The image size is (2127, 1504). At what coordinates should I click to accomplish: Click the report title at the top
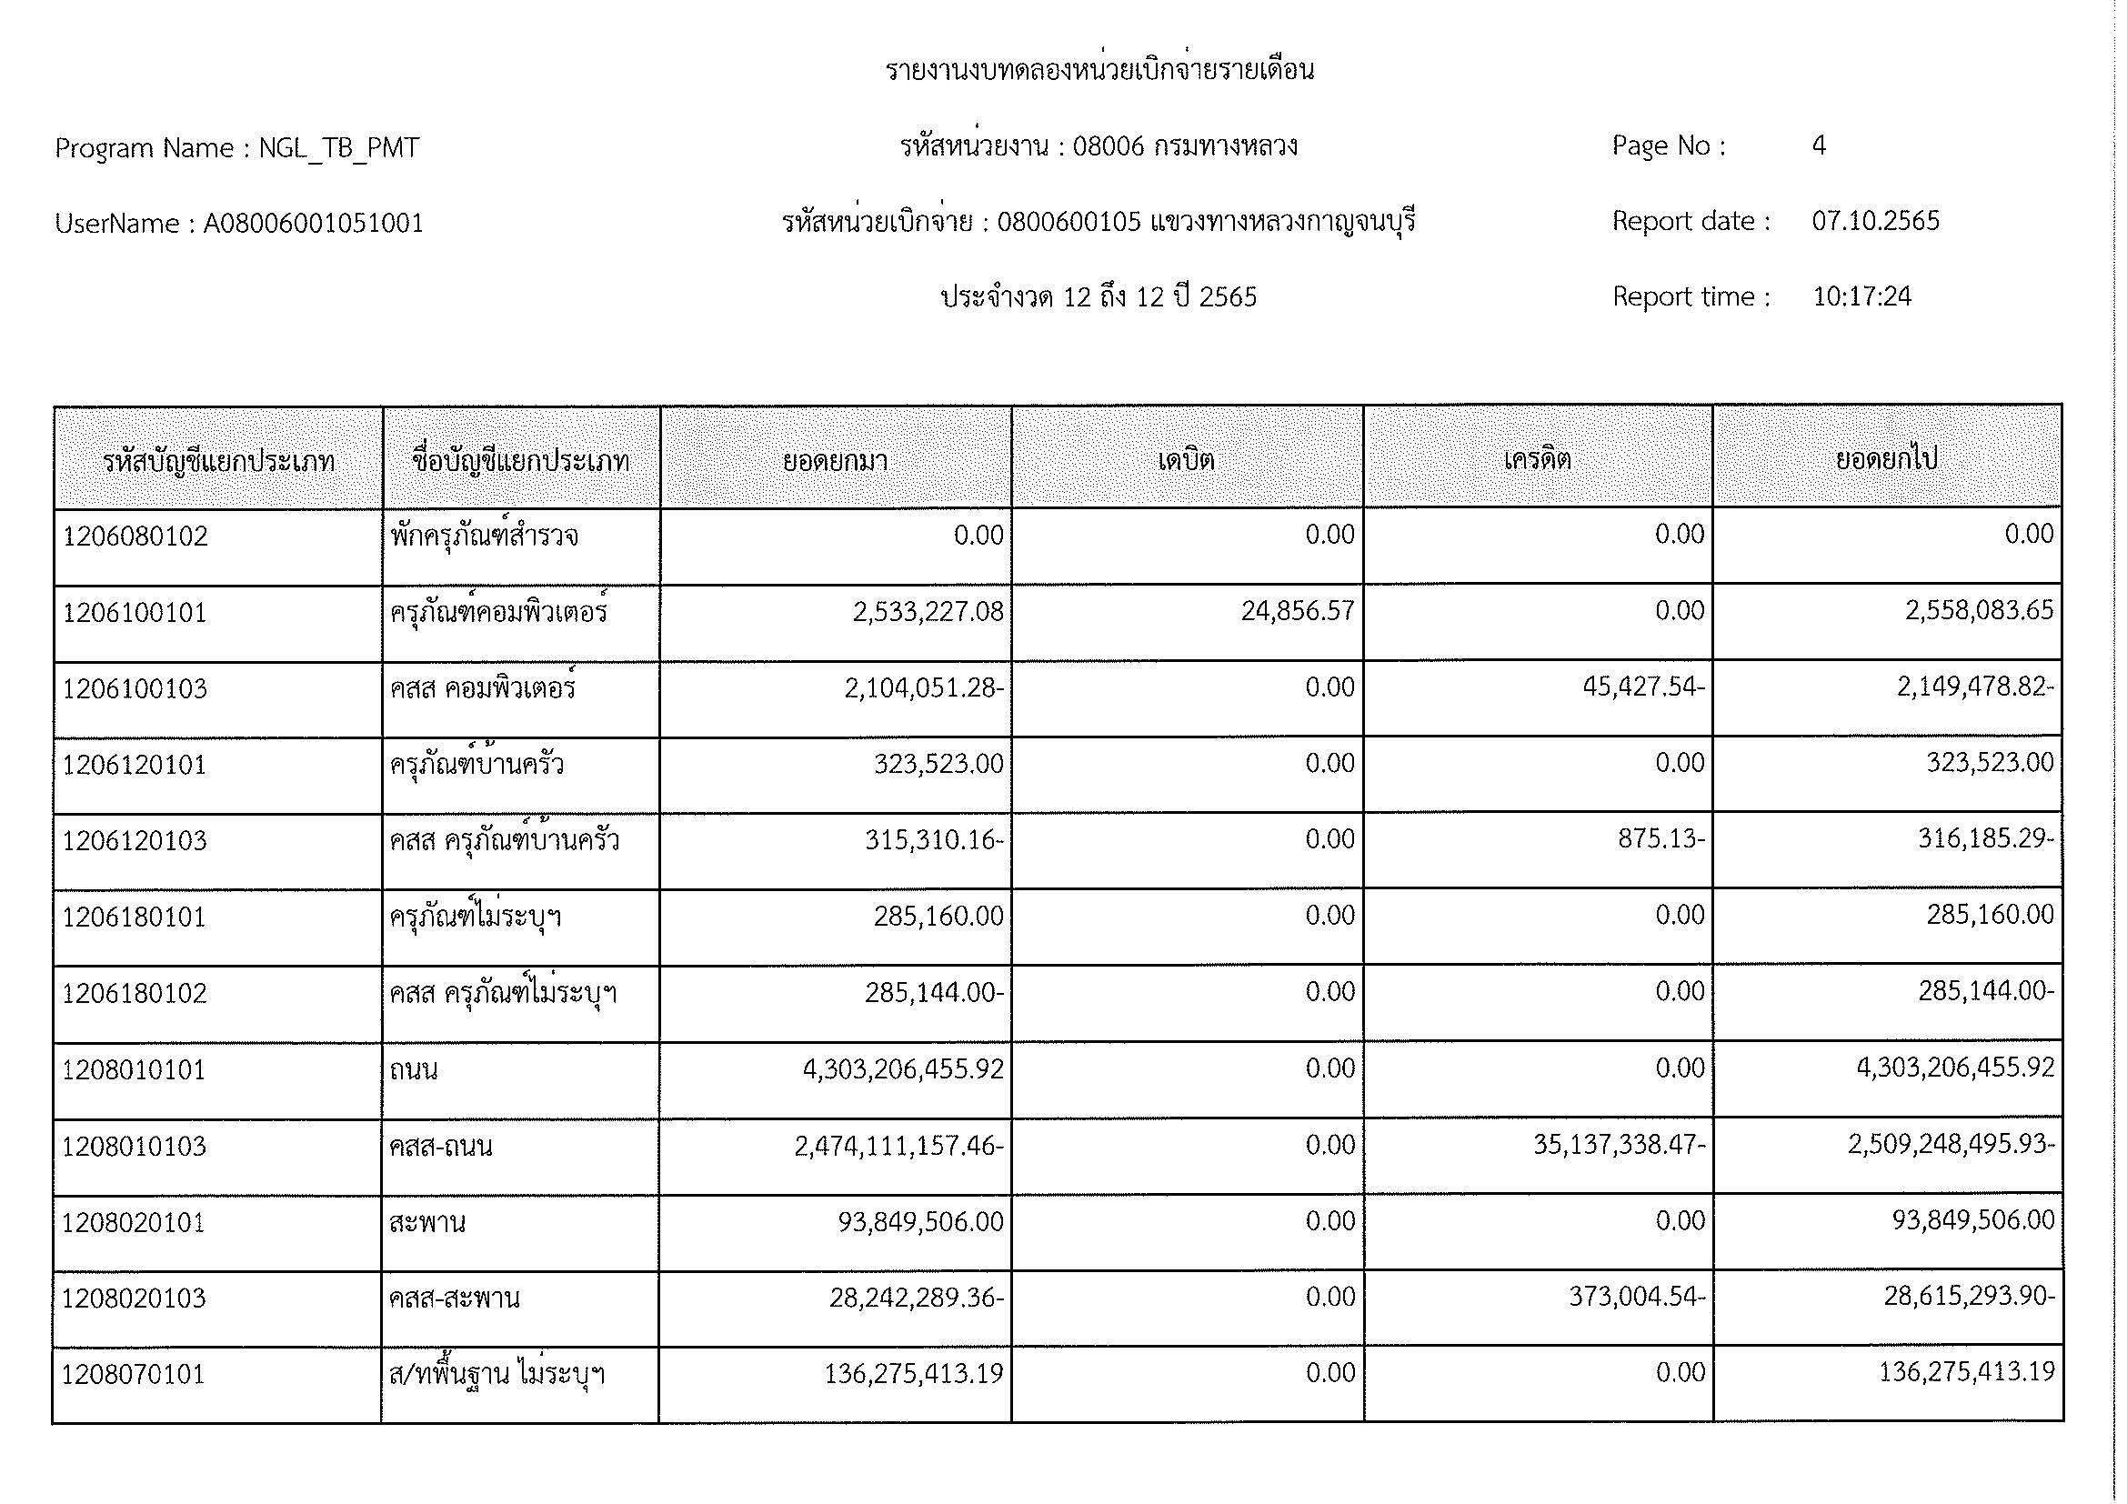1099,71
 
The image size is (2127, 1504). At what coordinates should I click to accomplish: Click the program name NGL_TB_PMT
338,149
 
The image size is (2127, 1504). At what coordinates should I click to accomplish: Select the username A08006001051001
313,224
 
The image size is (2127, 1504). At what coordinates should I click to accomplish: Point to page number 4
1819,146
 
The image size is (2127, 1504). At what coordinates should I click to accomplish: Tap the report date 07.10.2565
1875,221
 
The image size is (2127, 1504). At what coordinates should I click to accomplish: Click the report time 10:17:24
1861,297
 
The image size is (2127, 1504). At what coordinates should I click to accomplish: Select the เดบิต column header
1186,460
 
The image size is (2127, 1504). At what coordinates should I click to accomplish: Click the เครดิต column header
1537,460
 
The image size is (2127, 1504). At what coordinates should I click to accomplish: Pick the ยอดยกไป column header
1886,460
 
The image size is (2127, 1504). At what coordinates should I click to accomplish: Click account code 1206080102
135,537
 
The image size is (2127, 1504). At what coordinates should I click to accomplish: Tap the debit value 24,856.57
1298,611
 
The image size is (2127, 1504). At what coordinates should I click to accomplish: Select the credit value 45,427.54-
1643,688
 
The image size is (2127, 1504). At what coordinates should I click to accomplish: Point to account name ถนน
414,1070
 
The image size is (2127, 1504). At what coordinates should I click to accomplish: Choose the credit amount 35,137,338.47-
1619,1146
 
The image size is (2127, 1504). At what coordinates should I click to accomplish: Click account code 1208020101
134,1223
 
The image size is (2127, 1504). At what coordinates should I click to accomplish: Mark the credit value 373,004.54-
1636,1298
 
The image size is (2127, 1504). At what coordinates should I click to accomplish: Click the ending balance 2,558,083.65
1979,611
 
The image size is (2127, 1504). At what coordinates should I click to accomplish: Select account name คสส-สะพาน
454,1299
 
